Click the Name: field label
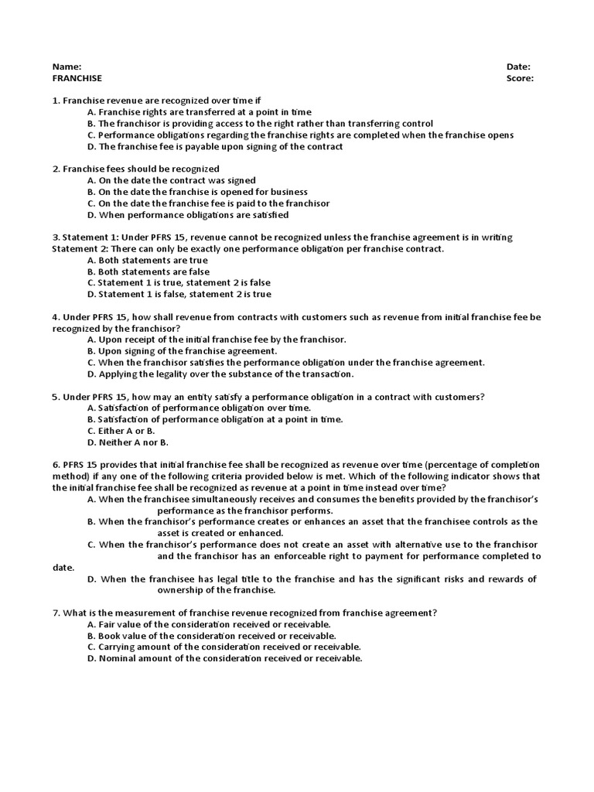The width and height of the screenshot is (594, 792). click(x=67, y=67)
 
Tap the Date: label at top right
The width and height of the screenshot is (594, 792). click(x=518, y=67)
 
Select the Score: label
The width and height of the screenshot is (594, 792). click(x=520, y=78)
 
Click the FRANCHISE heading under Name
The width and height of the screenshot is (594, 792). click(x=77, y=78)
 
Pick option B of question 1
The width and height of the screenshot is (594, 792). click(x=260, y=124)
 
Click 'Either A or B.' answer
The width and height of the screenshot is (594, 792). click(x=121, y=431)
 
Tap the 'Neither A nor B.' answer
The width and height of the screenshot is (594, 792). click(x=128, y=442)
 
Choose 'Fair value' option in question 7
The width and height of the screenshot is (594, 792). click(x=209, y=624)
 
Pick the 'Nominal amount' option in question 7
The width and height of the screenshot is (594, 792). click(x=224, y=658)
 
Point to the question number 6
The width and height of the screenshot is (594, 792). click(x=56, y=465)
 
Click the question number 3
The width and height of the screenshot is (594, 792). click(x=56, y=237)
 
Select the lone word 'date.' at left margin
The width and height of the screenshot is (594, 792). click(x=63, y=568)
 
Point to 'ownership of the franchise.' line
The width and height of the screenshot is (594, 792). click(x=216, y=590)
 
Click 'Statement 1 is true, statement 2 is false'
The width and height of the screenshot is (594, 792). click(x=179, y=283)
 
